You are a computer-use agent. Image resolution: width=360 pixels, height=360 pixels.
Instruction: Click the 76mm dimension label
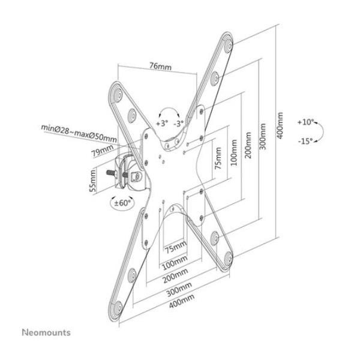158,67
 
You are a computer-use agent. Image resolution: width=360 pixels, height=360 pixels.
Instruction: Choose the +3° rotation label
161,123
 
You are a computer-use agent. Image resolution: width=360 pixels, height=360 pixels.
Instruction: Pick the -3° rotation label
178,123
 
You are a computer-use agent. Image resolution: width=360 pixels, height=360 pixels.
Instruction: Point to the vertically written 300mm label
262,137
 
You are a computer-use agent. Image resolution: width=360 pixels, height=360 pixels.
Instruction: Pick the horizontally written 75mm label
176,247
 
